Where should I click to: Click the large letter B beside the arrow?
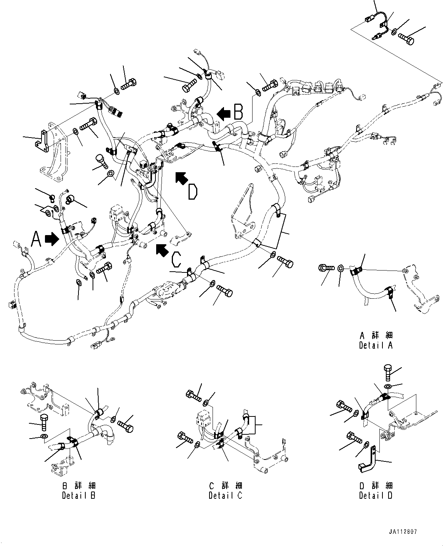coord(238,112)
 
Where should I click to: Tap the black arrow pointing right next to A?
coord(52,239)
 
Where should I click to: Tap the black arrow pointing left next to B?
coord(224,112)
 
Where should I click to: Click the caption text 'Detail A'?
coord(375,345)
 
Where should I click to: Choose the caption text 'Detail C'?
coord(225,495)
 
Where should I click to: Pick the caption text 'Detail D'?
coord(375,495)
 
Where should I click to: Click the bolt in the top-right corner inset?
coord(406,38)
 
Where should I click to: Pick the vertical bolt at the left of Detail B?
coord(44,422)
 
